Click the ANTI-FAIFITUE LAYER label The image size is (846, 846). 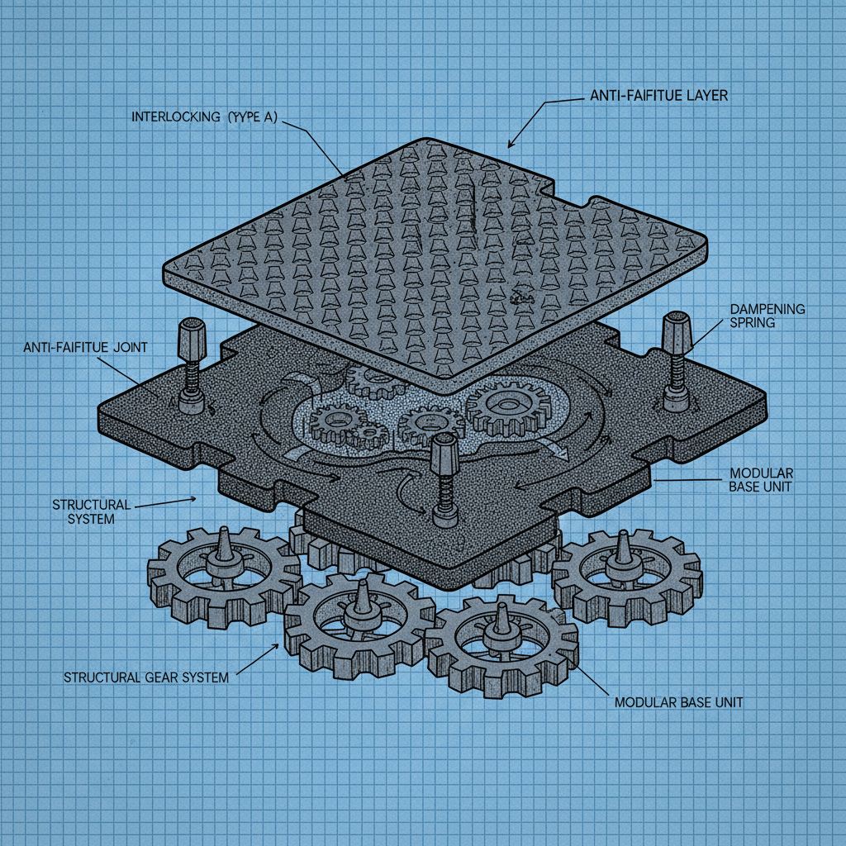pos(658,96)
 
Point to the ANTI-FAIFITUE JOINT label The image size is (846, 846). pos(86,348)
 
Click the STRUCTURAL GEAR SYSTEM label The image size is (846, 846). pos(145,677)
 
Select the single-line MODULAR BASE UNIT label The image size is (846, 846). pos(678,702)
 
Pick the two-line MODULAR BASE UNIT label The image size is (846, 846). pos(761,479)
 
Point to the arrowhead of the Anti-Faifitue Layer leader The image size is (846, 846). pos(511,144)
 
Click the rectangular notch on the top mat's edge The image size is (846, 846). pos(569,194)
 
